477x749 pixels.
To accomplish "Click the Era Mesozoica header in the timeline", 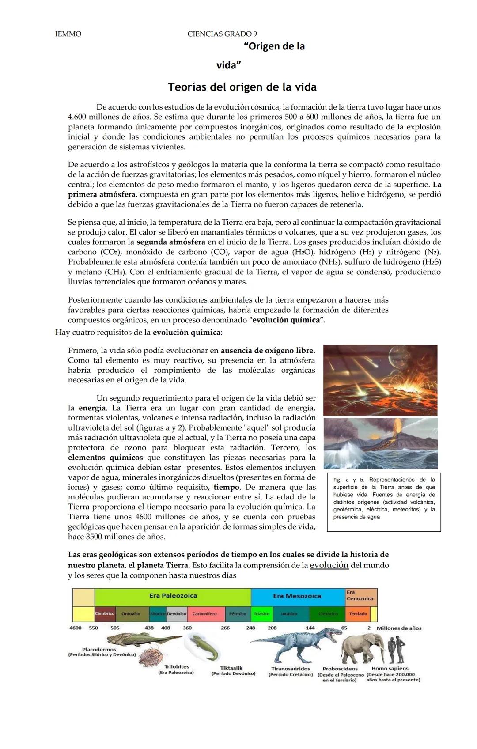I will pos(297,596).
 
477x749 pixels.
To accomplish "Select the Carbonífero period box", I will pos(204,614).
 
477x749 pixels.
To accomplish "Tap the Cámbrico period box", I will pos(105,614).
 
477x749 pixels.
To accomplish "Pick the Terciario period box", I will pos(358,614).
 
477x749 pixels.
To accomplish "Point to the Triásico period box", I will pos(261,614).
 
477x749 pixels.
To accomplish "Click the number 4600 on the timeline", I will pos(76,628).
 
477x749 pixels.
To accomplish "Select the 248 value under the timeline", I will pos(250,628).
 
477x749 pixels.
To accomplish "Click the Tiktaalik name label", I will pos(231,668).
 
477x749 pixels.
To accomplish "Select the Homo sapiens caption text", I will pos(390,669).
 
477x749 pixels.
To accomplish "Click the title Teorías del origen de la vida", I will pos(242,87).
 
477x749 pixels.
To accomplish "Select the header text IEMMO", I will pos(68,34).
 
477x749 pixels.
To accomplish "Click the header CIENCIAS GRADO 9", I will pos(222,34).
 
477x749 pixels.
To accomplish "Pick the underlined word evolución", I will pos(329,565).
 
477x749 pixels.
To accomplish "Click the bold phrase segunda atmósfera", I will pos(170,242).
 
